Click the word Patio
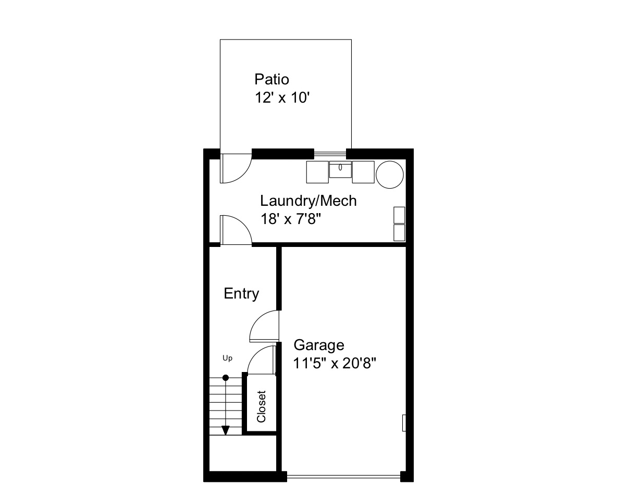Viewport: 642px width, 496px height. coord(271,79)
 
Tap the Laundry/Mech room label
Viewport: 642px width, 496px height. coord(308,201)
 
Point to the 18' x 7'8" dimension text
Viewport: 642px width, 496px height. coord(290,219)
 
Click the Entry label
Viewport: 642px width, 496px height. coord(241,294)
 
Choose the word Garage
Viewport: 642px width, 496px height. coord(319,345)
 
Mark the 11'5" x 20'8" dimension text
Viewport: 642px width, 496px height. coord(334,363)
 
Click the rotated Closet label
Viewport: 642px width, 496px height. coord(261,406)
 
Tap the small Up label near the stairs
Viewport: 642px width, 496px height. coord(227,358)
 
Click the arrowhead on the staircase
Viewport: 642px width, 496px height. coord(225,430)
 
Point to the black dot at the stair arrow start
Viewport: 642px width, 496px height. coord(225,378)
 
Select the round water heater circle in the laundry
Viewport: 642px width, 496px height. coord(389,174)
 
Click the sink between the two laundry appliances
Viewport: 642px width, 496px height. coord(340,169)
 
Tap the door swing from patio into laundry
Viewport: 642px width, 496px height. coord(236,168)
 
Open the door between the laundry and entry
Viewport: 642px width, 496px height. coord(236,230)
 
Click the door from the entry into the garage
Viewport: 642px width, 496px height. coord(265,326)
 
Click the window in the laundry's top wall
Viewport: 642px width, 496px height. coord(330,154)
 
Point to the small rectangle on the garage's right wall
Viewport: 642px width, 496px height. coord(404,423)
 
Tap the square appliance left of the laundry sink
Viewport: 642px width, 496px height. coord(317,172)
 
